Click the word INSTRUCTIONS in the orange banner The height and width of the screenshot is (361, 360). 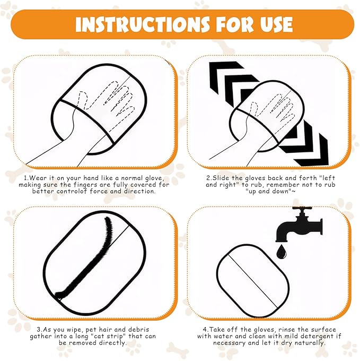(x=142, y=24)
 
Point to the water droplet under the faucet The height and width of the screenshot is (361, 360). (x=282, y=252)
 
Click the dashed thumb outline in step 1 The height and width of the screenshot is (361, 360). (x=82, y=100)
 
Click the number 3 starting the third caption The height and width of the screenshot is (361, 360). (x=39, y=330)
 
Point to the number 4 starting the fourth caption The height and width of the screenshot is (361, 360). (x=205, y=330)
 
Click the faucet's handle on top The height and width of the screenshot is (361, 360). (x=302, y=208)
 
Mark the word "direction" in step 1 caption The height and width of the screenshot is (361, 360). (x=139, y=191)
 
